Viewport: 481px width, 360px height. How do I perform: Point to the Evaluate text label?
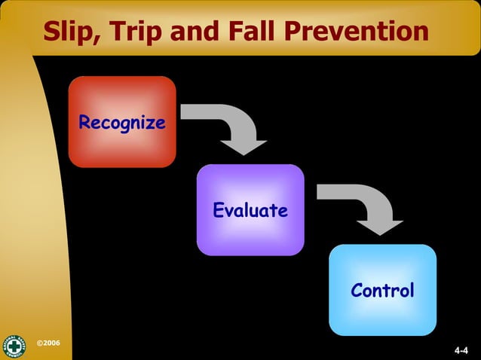pos(250,211)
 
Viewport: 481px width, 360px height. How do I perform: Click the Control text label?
pos(382,290)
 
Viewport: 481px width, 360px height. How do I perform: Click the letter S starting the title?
pos(53,31)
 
